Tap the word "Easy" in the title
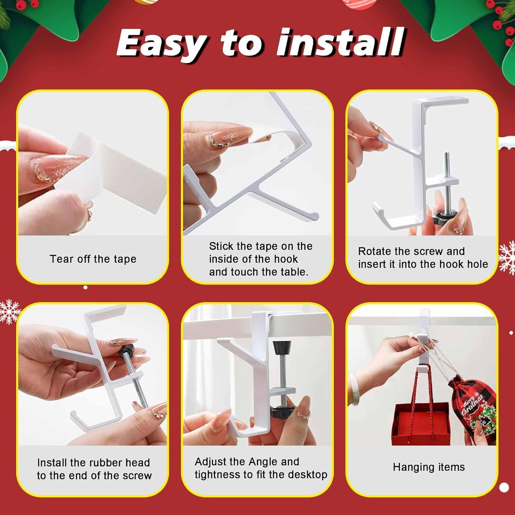(161, 44)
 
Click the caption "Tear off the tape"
(93, 259)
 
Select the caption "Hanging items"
(429, 467)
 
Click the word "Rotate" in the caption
(375, 251)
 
